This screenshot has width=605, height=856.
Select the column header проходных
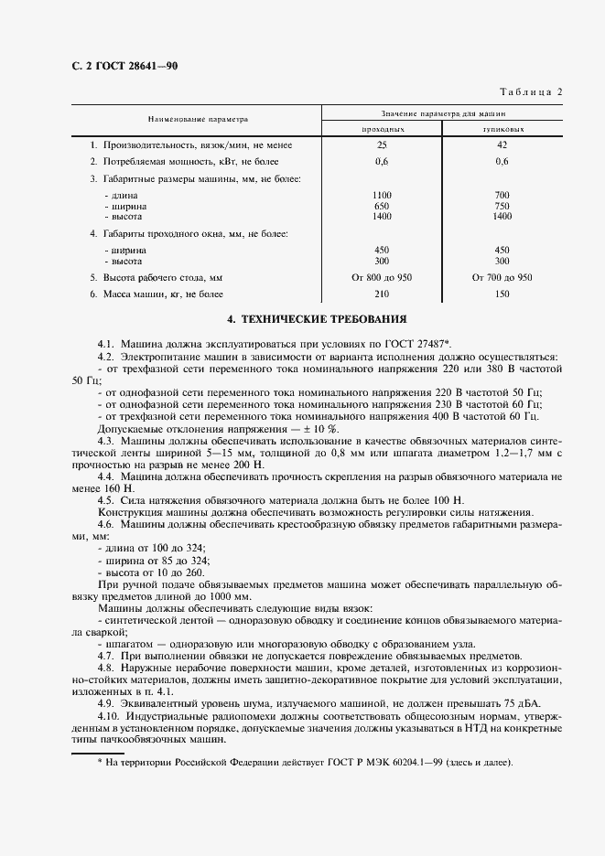coord(382,130)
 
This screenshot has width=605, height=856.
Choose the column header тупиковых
coord(502,130)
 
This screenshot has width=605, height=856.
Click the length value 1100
coord(382,197)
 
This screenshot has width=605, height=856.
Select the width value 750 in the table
coord(502,207)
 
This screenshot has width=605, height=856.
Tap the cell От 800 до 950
coord(382,276)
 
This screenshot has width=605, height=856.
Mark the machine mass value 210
coord(382,294)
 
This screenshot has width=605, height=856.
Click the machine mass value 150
coord(502,294)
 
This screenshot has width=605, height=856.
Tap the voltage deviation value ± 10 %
coord(313,428)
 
